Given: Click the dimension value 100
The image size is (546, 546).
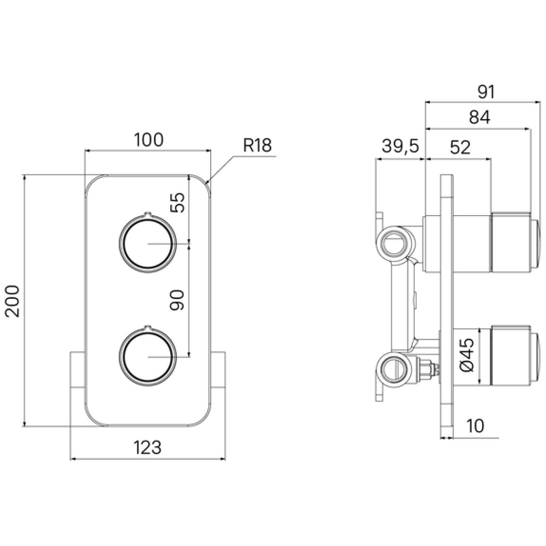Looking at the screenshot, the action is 148,140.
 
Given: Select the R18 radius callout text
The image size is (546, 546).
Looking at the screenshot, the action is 257,145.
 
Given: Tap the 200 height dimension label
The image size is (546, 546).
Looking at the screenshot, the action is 12,301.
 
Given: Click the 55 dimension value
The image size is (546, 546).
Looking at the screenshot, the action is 177,202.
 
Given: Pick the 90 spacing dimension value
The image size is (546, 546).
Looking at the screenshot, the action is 177,300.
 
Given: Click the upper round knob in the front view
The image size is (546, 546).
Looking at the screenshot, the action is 147,243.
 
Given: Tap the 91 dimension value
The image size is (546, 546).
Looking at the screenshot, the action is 486,92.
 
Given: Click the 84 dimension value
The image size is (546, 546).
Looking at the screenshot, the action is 480,117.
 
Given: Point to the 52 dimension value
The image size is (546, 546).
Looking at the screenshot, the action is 460,147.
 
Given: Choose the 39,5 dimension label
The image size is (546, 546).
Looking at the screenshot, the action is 400,147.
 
